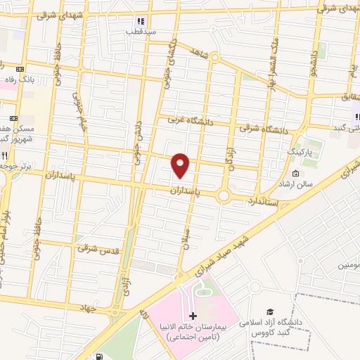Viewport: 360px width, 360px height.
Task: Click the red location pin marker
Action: [x=181, y=165]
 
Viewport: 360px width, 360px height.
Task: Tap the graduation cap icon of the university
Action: [x=269, y=311]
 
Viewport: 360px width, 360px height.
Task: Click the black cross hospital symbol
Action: [x=193, y=316]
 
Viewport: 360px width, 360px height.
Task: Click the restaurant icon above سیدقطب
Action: [x=140, y=22]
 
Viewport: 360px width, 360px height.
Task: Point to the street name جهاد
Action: [x=87, y=308]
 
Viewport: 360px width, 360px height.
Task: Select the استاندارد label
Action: [x=263, y=202]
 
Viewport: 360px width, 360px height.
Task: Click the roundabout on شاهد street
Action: [x=214, y=60]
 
